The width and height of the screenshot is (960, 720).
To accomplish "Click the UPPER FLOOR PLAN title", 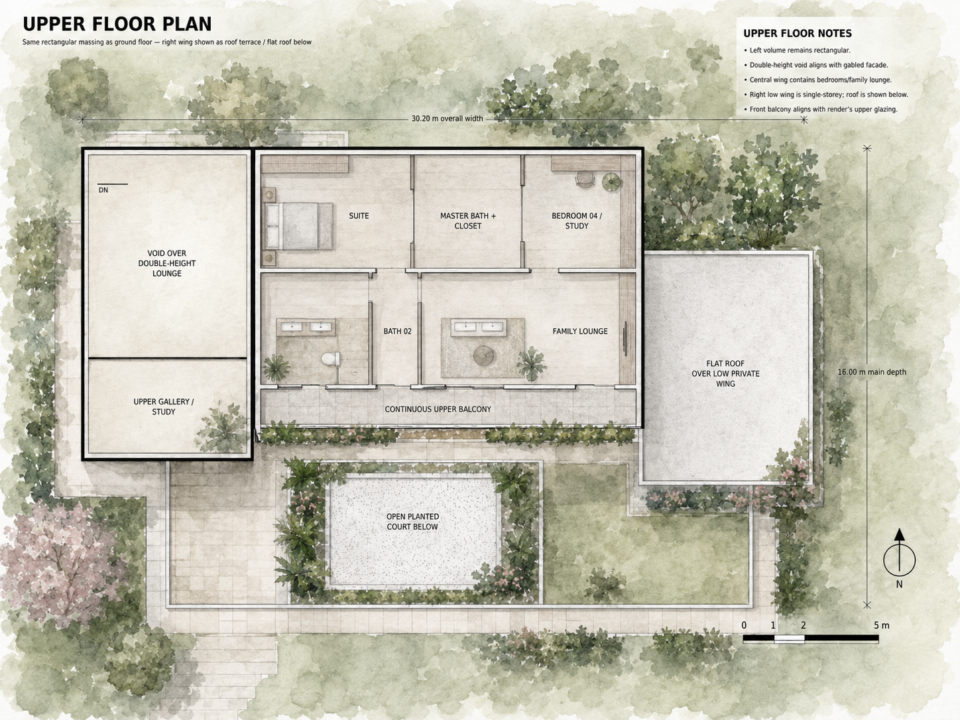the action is [x=117, y=25].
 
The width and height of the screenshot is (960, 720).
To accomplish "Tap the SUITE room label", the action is [x=359, y=216].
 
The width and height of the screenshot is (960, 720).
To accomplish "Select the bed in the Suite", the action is [x=300, y=226].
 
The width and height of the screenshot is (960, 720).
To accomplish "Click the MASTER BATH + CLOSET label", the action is [x=468, y=221].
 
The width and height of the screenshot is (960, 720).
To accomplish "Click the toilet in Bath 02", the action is [x=331, y=359].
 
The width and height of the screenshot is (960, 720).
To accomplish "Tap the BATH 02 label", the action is [x=397, y=331].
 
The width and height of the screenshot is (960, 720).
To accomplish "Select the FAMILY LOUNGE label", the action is [x=580, y=331].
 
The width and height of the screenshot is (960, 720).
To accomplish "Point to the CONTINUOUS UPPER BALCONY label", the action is [x=438, y=409].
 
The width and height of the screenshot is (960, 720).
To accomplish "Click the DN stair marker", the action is [x=103, y=190].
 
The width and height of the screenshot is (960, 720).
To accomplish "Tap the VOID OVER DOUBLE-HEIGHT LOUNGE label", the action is [x=166, y=263].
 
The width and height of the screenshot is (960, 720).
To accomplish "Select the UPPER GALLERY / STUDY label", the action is [x=164, y=406].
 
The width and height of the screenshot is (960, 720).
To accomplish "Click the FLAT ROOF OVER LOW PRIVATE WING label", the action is [x=725, y=374].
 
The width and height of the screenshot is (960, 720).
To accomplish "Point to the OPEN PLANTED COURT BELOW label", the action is [x=412, y=522].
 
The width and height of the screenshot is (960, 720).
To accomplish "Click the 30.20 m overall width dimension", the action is [x=447, y=119].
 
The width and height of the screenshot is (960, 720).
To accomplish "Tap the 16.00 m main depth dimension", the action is [x=872, y=372].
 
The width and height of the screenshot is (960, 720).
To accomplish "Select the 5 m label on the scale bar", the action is [x=881, y=626].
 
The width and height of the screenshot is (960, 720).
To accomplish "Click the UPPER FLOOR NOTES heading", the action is [x=798, y=34].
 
